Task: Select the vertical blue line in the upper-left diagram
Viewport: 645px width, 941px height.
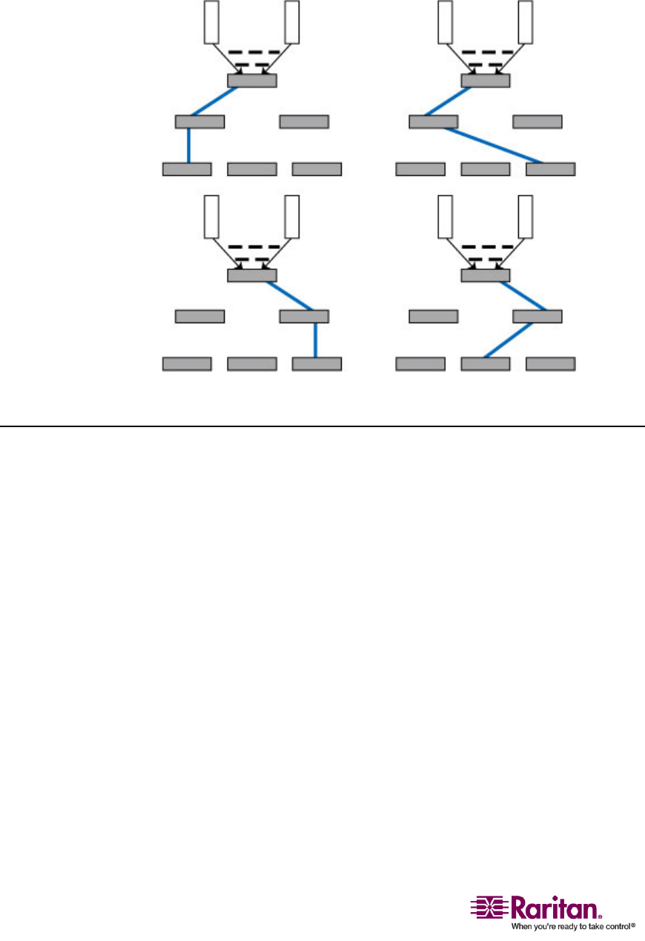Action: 188,145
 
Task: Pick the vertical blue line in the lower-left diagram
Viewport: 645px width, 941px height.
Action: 317,340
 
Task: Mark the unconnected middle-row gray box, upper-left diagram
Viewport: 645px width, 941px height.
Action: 304,122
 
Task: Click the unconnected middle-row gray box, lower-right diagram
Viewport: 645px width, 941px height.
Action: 434,317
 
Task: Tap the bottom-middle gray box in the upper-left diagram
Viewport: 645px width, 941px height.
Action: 251,169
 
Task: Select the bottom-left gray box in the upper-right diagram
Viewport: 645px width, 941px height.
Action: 420,169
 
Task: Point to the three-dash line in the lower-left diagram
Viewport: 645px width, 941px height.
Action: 254,247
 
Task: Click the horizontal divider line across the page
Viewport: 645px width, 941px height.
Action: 322,426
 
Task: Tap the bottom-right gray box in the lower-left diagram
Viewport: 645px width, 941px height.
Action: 317,364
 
